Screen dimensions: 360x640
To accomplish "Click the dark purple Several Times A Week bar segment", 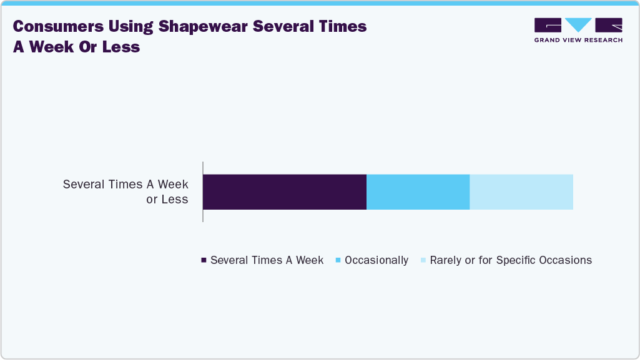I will click(285, 192).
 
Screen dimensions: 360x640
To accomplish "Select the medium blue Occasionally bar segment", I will click(418, 192).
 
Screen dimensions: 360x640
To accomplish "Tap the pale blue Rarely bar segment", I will click(521, 192).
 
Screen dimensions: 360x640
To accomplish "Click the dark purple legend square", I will click(204, 260).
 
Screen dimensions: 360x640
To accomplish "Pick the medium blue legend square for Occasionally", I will click(338, 260).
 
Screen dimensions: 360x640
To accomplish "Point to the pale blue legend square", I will click(423, 260).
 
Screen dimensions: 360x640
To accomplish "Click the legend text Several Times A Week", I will click(267, 260).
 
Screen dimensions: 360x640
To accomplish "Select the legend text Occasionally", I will click(377, 260).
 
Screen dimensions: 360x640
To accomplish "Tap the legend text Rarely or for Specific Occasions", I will click(511, 260).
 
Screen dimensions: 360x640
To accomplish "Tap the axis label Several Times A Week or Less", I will click(126, 192).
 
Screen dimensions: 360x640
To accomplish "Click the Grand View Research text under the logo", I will click(578, 40).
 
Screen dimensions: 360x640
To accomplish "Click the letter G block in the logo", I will click(548, 25).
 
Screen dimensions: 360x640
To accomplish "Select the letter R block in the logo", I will click(609, 25).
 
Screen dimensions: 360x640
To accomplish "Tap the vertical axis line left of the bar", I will click(203, 192).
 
